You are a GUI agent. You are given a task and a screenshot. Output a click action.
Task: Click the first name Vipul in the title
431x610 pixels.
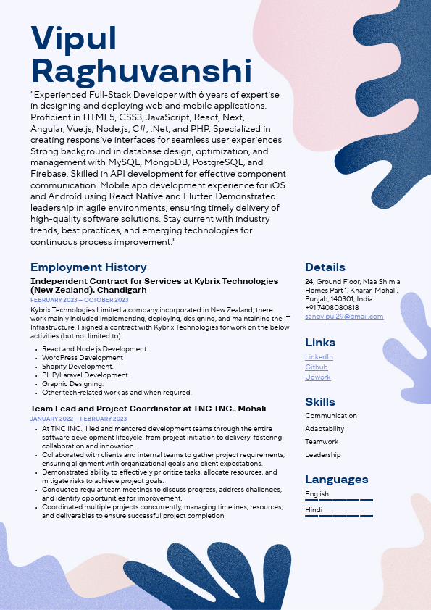coord(75,39)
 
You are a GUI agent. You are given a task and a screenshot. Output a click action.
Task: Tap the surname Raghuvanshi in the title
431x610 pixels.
coord(141,72)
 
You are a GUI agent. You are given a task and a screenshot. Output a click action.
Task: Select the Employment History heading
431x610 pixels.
coord(88,267)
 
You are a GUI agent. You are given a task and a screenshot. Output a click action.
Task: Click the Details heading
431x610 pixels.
coord(325,267)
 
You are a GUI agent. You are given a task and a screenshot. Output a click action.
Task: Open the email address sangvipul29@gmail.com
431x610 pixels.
coord(344,317)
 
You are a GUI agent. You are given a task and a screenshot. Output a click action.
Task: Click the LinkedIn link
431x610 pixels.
coord(319,357)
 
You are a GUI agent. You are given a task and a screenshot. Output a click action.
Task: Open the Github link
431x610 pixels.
coord(317,367)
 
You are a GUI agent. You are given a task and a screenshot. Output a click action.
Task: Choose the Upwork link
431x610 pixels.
coord(318,377)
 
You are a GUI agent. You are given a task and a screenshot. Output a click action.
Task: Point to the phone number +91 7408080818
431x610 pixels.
coord(332,308)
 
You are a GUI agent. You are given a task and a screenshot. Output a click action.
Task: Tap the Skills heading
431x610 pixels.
coord(320,402)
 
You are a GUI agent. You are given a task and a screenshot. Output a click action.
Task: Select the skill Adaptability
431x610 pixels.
coord(325,429)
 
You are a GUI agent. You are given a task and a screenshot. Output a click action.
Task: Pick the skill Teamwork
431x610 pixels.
coord(322,442)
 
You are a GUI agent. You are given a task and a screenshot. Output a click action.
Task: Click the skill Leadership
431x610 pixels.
coord(322,455)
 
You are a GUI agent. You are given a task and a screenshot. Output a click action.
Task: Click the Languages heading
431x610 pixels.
coord(336,480)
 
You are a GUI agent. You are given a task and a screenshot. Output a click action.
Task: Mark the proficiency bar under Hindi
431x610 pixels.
coord(339,516)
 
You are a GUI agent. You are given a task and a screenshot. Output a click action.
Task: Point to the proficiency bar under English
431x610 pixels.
coord(339,500)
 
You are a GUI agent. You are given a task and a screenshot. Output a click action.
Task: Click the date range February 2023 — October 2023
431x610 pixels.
coord(80,300)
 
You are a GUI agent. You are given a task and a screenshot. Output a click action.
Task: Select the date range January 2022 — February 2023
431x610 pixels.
coord(78,419)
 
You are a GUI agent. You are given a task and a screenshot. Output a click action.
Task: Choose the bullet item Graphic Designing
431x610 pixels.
coord(72,384)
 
